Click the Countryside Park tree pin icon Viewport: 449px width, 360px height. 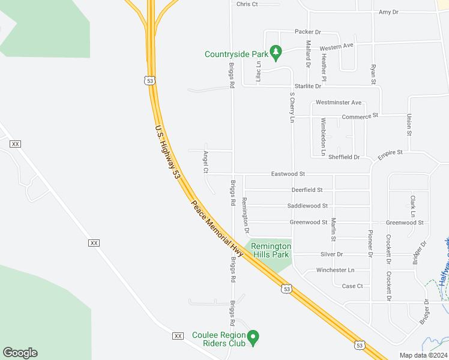(x=276, y=53)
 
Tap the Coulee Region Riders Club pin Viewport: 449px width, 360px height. (x=253, y=338)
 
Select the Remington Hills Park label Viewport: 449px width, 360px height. (x=270, y=250)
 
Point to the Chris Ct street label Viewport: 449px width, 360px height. (x=247, y=4)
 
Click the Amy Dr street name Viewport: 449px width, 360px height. (x=388, y=12)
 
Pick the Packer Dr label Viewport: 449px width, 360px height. (x=308, y=31)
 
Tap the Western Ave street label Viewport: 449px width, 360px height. (x=336, y=46)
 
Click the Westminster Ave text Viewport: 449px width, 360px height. (x=339, y=103)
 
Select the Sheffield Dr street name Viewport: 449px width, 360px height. (x=345, y=157)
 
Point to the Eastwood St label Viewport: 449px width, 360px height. (x=288, y=174)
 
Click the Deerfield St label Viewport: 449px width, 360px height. (x=307, y=190)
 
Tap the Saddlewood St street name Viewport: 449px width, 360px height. (x=307, y=206)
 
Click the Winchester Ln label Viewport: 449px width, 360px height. (x=335, y=270)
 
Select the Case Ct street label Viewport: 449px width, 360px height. (x=352, y=286)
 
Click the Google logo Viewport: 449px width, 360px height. (x=20, y=353)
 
